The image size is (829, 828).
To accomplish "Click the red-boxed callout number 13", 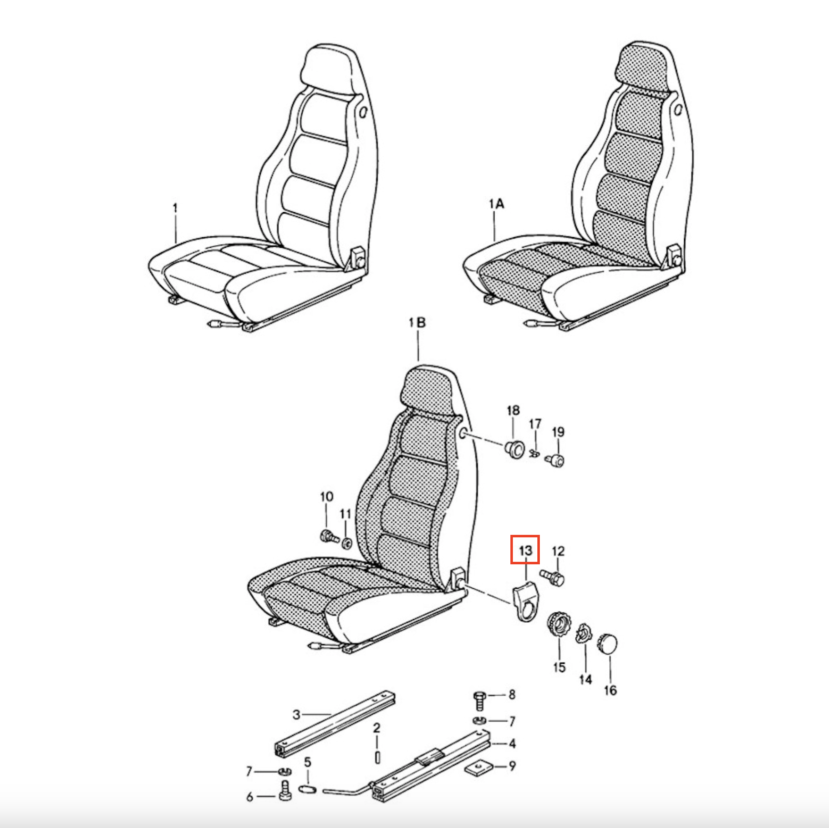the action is click(525, 550).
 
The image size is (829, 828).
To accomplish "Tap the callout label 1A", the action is click(496, 204).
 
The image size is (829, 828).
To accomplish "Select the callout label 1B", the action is click(417, 323).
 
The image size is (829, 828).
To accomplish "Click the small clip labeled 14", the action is click(583, 634).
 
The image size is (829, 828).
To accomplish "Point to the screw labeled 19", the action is click(555, 460).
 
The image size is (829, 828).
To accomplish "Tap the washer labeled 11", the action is click(347, 542).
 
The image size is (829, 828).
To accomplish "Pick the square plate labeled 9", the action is click(478, 767).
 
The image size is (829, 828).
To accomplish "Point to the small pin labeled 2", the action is click(377, 758).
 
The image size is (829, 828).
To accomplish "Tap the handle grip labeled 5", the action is click(308, 789).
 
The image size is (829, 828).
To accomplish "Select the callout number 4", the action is click(512, 743).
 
